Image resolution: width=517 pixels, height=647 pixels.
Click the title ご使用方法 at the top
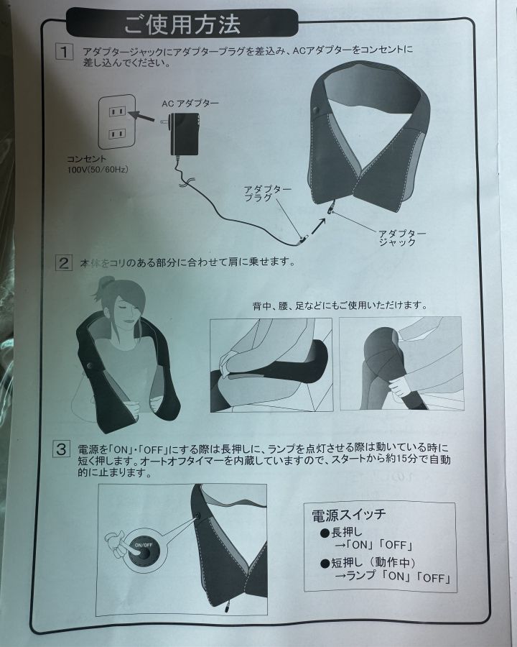[x=182, y=24]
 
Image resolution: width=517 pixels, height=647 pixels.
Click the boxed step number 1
[x=64, y=52]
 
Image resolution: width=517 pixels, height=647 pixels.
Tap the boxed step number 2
[x=64, y=263]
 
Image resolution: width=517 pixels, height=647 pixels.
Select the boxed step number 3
[x=62, y=449]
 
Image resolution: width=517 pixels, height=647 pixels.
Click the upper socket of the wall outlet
[x=116, y=111]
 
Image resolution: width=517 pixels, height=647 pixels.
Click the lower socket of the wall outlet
[x=116, y=134]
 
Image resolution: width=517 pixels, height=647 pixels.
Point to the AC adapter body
[x=185, y=134]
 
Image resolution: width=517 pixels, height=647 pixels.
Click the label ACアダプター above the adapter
[x=190, y=103]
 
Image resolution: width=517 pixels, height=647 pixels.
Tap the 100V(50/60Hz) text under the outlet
[x=98, y=170]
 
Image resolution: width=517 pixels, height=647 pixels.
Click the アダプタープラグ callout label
[x=267, y=193]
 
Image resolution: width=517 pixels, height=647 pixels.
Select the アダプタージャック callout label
[x=402, y=238]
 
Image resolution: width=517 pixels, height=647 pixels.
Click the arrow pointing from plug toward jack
[x=318, y=226]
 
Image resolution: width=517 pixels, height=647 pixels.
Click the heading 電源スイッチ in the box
[x=349, y=515]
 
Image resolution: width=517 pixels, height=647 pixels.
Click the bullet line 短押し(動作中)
[x=368, y=562]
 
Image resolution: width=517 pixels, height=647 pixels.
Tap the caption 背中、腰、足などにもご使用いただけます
[x=340, y=306]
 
